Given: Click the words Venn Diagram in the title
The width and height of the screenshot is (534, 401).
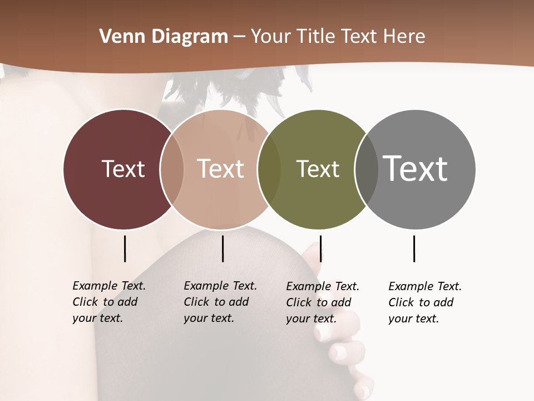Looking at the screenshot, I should coord(164,37).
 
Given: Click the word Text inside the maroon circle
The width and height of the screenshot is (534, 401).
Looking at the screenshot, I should coord(123,169).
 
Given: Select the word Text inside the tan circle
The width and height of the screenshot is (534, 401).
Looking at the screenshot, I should coord(220,169).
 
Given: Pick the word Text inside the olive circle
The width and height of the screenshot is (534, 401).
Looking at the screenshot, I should coord(318,169).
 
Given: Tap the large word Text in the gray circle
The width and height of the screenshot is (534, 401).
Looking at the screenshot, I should coord(415,169).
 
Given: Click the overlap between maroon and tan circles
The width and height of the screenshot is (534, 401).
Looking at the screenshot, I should coord(172,169).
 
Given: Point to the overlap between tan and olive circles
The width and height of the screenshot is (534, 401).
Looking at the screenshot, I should coord(269,169).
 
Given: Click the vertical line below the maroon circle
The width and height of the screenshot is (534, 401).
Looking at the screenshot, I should coord(125,248).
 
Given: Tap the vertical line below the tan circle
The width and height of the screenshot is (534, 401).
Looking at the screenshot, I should coord(222,248).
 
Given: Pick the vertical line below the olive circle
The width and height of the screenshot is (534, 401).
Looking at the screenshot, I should coord(320,248).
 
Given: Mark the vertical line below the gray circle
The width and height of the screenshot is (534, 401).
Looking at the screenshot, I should coord(414,248).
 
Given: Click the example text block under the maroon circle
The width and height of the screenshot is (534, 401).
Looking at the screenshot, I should coord(108,302).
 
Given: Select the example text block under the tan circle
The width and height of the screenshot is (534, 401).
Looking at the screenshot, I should coord(220,302).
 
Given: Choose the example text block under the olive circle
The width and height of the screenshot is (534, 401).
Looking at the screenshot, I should coord(322,302).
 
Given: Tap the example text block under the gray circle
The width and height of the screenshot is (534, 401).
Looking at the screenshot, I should coord(424,302).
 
